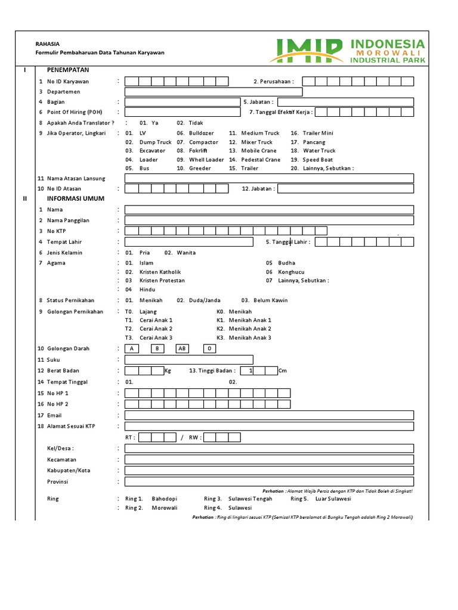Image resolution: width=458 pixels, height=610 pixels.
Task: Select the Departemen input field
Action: (213, 92)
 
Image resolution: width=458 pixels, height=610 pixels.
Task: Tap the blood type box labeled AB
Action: (182, 349)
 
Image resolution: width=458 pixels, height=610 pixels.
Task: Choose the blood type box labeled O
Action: (209, 349)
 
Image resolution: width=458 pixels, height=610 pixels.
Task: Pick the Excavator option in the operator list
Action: (152, 151)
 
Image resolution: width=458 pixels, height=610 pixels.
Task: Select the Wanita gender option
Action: (186, 253)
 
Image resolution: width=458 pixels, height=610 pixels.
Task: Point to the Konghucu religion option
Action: (291, 272)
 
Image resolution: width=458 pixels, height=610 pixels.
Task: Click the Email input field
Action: (269, 415)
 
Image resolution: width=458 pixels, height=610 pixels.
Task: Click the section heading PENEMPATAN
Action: (67, 70)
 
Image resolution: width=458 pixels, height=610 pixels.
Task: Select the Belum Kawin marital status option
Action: (271, 300)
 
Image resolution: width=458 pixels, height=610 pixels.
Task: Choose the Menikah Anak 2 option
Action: (249, 329)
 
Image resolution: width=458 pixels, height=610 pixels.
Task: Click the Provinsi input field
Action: (269, 481)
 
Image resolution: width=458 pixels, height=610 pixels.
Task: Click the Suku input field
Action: (188, 360)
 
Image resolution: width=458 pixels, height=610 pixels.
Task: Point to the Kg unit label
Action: (168, 371)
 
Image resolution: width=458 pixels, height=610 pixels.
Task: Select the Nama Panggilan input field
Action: (269, 220)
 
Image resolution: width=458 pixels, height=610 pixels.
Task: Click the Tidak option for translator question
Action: (196, 123)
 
